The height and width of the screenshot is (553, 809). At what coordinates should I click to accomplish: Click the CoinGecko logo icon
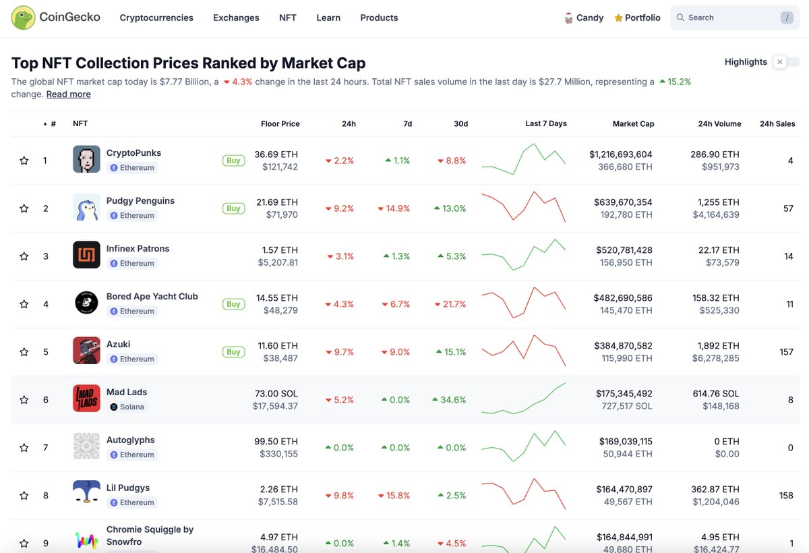[24, 18]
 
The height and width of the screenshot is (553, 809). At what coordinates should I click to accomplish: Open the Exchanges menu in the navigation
[236, 18]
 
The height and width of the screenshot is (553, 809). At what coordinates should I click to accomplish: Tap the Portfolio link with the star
[637, 18]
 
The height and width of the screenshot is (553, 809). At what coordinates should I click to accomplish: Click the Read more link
[68, 94]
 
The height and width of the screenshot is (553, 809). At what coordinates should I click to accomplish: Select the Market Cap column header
[633, 124]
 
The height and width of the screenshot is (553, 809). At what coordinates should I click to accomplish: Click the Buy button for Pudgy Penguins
[233, 208]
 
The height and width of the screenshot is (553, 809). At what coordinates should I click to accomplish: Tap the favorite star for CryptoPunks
[24, 161]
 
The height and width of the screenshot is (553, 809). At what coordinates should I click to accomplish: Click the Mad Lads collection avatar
[86, 399]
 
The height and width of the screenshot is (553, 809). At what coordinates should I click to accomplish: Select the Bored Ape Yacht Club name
[152, 297]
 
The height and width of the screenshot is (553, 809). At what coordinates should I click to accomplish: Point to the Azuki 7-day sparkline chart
[524, 350]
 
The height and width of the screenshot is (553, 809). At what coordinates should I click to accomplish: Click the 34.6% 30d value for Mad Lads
[449, 400]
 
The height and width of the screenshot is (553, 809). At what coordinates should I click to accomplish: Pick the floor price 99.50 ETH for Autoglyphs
[276, 441]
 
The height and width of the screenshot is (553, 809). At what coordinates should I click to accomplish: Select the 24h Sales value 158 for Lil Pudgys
[785, 496]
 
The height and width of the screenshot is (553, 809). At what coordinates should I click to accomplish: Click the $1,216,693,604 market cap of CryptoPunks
[620, 154]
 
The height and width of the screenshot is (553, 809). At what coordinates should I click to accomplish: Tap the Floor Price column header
[280, 124]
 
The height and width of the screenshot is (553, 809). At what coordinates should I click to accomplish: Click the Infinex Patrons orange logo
[86, 255]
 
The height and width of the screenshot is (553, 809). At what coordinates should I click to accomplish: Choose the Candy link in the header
[584, 18]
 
